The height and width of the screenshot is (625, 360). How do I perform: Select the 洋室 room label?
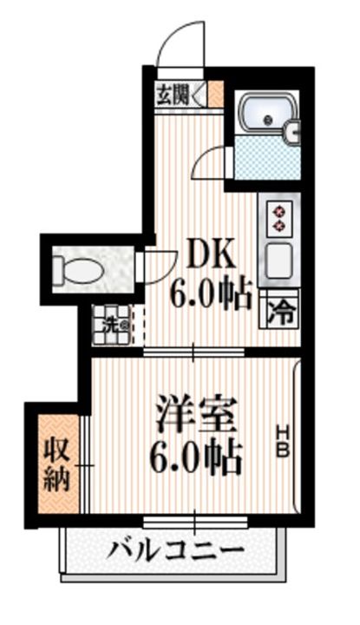click(x=197, y=414)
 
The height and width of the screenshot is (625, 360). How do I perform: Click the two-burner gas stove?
click(x=279, y=217)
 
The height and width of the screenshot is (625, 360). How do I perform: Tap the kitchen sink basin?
click(x=279, y=259)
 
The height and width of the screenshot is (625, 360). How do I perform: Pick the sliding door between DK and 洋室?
click(x=194, y=352)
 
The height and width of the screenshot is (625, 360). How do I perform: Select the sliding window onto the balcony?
click(x=194, y=522)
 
